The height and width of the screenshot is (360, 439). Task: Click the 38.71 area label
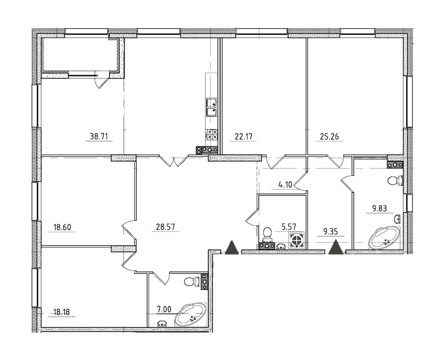tap(99, 136)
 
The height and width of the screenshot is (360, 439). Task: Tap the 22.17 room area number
tap(243, 136)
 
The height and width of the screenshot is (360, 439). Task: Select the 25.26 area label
tap(330, 136)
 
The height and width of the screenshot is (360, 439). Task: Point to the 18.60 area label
tap(62, 227)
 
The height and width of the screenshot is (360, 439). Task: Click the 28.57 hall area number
tap(165, 227)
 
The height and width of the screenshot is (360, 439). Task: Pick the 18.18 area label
tap(61, 312)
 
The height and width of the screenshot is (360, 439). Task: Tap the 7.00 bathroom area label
tap(163, 309)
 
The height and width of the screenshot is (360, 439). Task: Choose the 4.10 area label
tap(285, 185)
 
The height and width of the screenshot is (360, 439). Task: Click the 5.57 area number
tap(289, 226)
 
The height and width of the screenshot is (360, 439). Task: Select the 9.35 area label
tap(331, 232)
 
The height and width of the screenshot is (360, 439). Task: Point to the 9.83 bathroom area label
tap(379, 208)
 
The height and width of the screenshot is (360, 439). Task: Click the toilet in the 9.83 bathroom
tap(395, 180)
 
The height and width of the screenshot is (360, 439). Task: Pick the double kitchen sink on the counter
tap(211, 107)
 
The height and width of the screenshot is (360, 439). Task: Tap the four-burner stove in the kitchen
tap(211, 134)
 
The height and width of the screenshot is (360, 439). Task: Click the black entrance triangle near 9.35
tap(336, 248)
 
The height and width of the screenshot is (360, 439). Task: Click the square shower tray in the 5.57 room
tap(297, 240)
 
